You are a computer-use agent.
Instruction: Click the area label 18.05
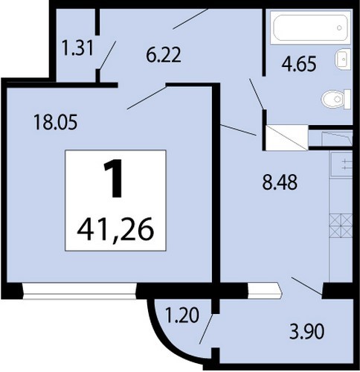[x=56, y=122]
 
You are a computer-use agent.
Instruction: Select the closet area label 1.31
[x=78, y=48]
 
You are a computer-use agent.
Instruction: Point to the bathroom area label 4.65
[x=299, y=64]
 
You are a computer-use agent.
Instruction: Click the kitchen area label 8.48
[x=280, y=182]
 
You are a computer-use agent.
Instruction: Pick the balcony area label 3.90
[x=306, y=332]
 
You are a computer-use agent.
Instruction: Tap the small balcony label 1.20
[x=182, y=315]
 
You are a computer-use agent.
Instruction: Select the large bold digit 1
[x=114, y=179]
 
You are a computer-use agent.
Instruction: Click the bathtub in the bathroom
[x=310, y=28]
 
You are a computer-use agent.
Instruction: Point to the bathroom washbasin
[x=343, y=59]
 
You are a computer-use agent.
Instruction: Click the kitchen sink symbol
[x=341, y=164]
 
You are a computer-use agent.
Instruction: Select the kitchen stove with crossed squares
[x=341, y=225]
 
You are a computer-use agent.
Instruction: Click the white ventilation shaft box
[x=287, y=138]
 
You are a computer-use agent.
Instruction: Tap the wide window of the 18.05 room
[x=80, y=290]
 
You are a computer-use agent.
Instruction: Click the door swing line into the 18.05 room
[x=147, y=97]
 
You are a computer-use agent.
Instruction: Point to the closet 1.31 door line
[x=107, y=55]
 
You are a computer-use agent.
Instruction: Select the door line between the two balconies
[x=206, y=329]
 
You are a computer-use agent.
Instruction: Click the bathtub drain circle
[x=339, y=28]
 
